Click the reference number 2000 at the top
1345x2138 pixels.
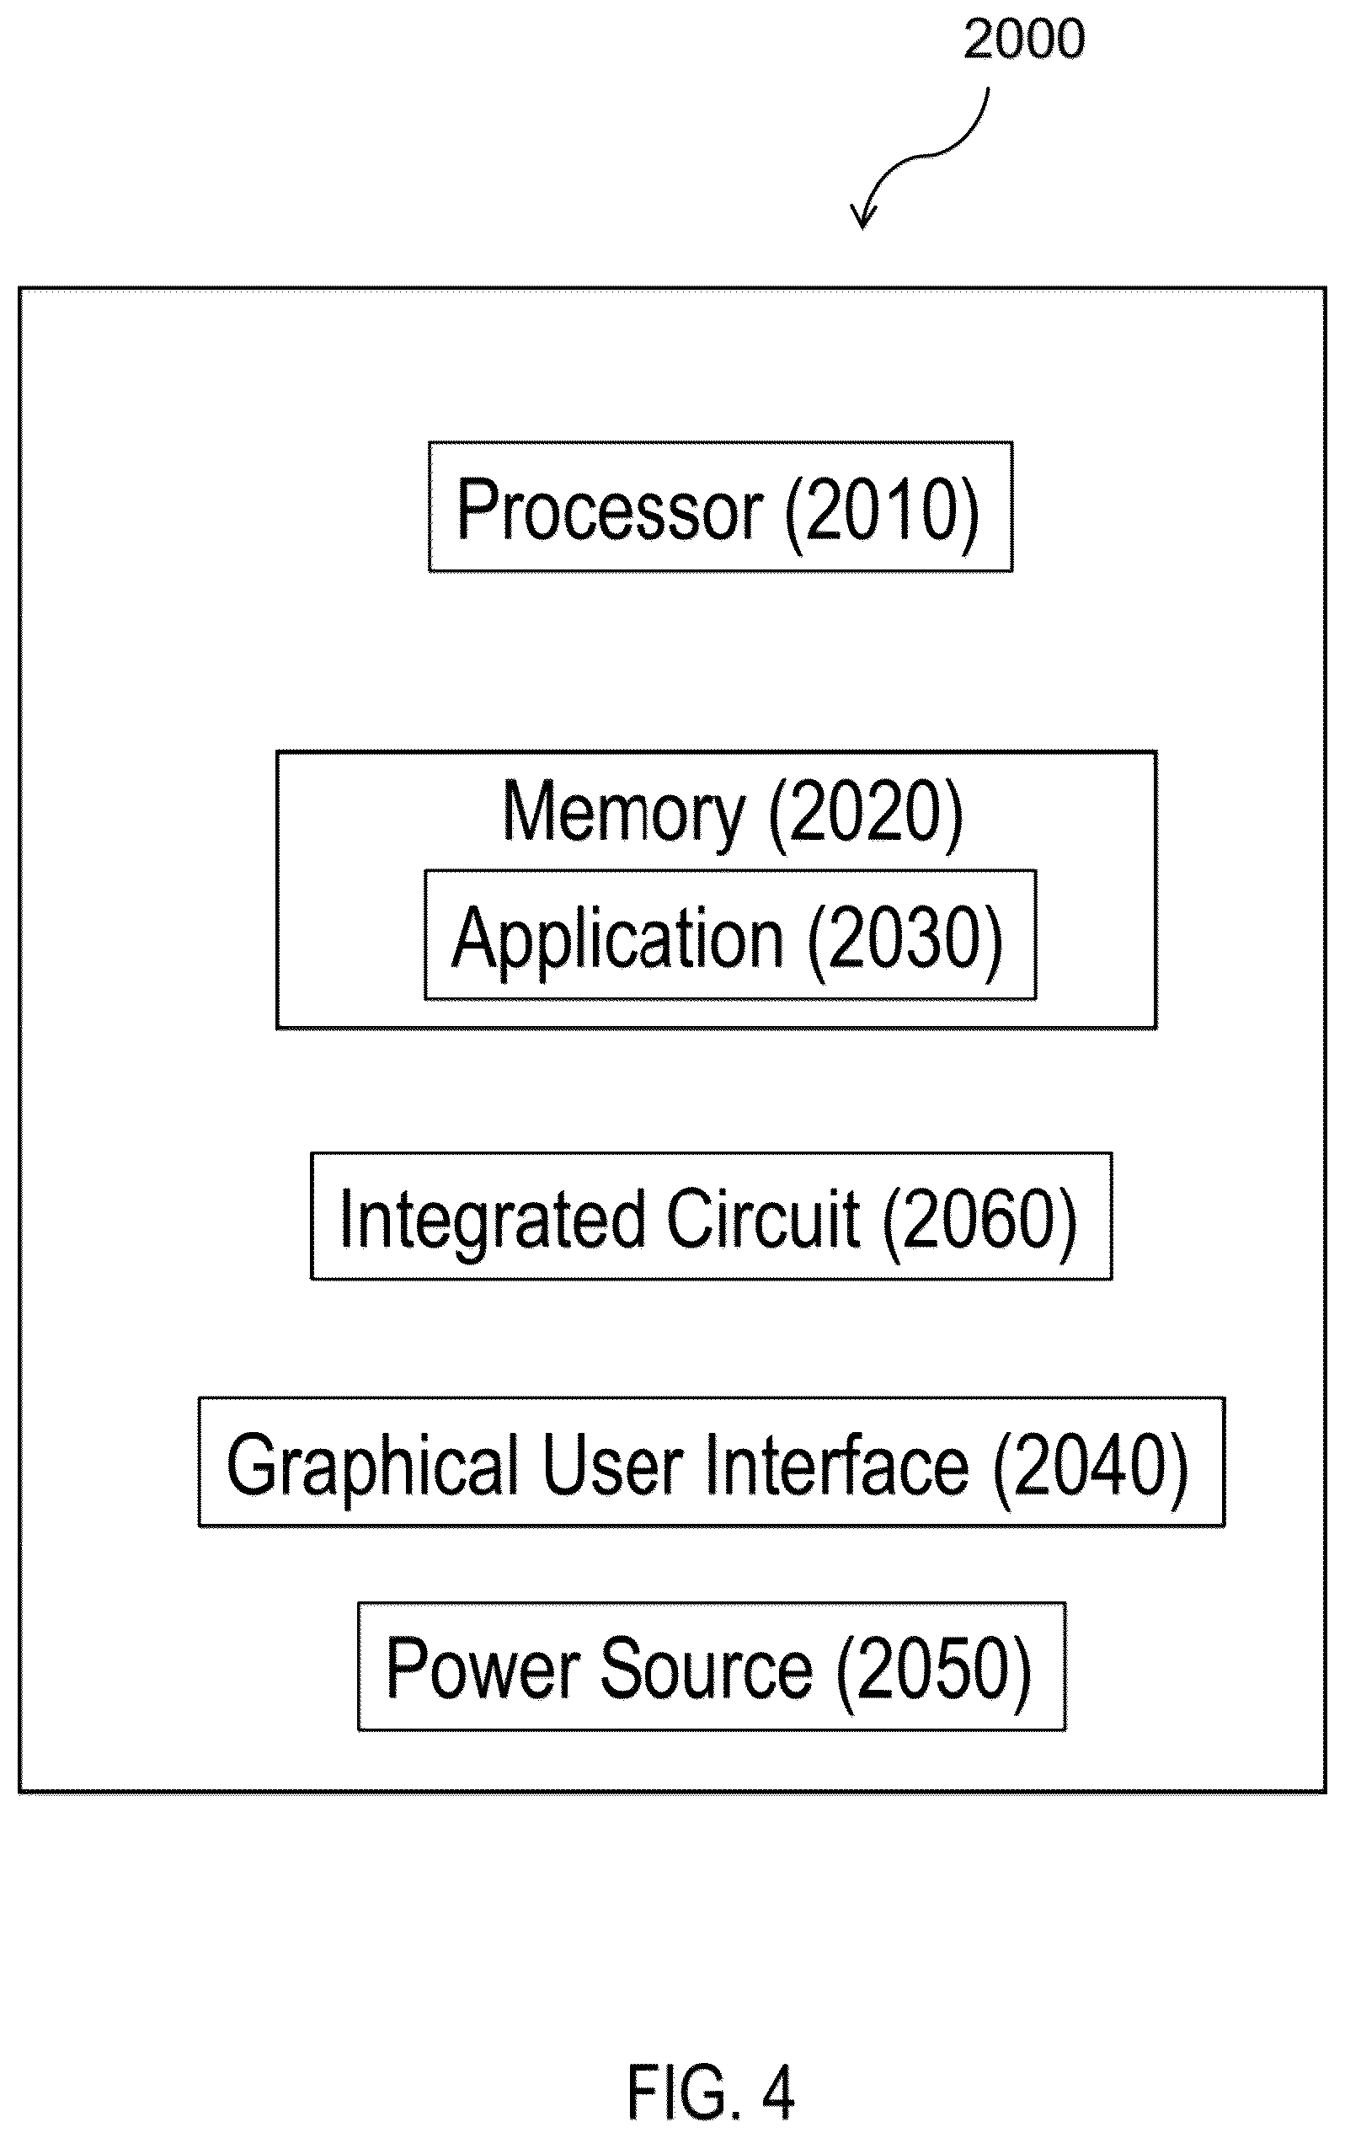click(1024, 39)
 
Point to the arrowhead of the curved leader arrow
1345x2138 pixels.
click(863, 217)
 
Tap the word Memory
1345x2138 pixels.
click(624, 810)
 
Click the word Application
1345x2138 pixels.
click(618, 940)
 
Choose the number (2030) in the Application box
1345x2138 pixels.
click(905, 939)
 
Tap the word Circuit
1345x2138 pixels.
click(762, 1217)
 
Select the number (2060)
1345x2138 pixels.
click(980, 1220)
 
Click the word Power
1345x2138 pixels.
click(481, 1668)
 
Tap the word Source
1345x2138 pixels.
click(706, 1669)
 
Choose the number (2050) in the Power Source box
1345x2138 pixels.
click(934, 1671)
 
